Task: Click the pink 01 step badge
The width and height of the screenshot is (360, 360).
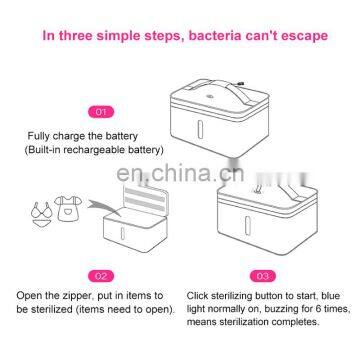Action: tap(101, 112)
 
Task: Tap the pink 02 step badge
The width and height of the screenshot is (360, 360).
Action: tap(101, 276)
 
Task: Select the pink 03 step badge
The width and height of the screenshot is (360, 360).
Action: tap(263, 276)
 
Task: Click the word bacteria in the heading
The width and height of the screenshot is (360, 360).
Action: tap(215, 36)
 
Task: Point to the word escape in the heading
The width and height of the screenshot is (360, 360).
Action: tap(305, 37)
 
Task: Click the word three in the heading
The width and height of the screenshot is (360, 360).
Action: tap(77, 36)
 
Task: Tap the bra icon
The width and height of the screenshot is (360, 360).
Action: tap(41, 210)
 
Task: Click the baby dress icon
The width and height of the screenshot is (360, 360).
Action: tap(68, 209)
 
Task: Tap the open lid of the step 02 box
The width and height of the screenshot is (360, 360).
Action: tap(145, 199)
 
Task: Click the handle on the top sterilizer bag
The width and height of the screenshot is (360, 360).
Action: tap(220, 89)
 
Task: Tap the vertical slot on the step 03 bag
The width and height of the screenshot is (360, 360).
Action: tap(247, 226)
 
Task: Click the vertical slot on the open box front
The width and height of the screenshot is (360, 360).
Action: tap(123, 233)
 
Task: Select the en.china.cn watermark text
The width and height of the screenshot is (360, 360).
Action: tap(180, 172)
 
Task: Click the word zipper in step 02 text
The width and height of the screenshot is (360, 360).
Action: tap(80, 296)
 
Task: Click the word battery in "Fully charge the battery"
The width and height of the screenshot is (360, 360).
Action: tap(122, 136)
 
